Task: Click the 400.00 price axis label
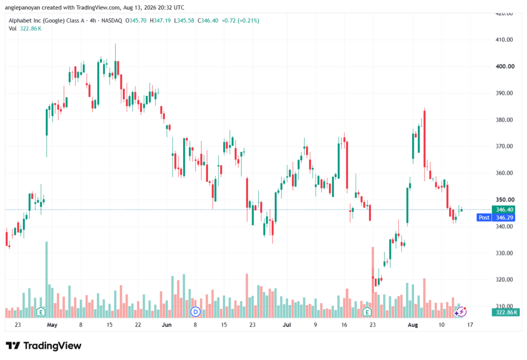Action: click(505, 66)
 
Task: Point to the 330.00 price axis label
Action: click(504, 253)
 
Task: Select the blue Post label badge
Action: click(484, 218)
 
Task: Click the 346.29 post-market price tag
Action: click(503, 218)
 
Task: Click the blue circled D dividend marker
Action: click(195, 312)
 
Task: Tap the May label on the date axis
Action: click(52, 324)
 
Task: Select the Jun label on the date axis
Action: click(166, 324)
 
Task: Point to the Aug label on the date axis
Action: click(413, 324)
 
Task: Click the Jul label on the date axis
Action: click(287, 324)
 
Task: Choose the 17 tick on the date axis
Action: click(470, 324)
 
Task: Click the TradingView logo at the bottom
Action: click(43, 346)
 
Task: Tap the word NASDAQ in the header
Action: click(112, 21)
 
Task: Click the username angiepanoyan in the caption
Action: click(23, 7)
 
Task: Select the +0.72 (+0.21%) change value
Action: click(240, 21)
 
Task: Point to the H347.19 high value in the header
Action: click(160, 21)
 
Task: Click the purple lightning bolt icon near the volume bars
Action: click(462, 312)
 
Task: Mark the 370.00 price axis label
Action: click(504, 146)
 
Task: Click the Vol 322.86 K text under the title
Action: click(25, 29)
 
